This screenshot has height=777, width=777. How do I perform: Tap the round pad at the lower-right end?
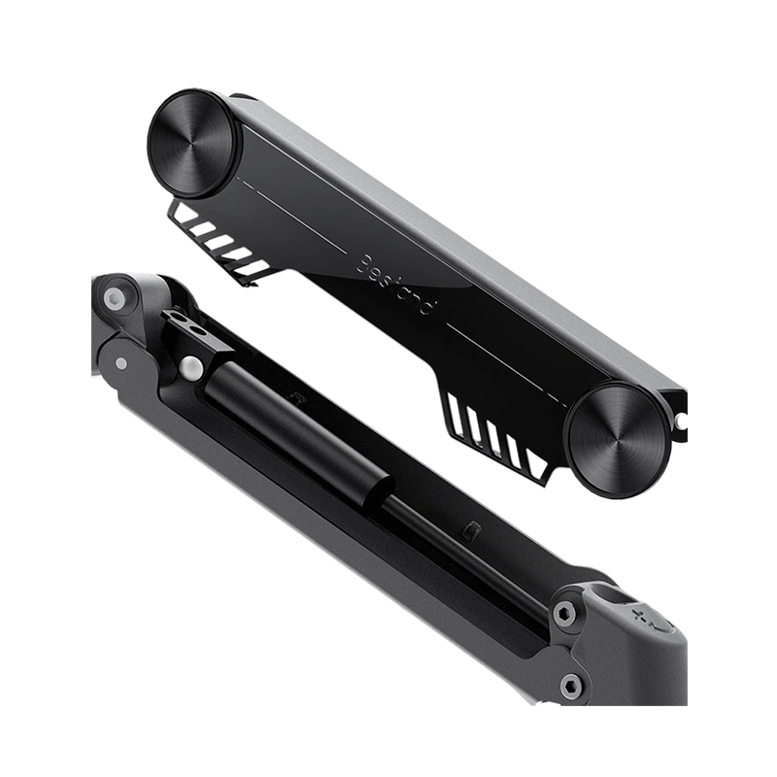[617, 439]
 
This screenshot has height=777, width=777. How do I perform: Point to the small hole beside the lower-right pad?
[681, 420]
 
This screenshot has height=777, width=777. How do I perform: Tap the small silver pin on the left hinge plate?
[120, 363]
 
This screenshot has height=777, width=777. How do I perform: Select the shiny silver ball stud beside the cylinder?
[192, 368]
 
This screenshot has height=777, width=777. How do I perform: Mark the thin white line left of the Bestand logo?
[291, 215]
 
